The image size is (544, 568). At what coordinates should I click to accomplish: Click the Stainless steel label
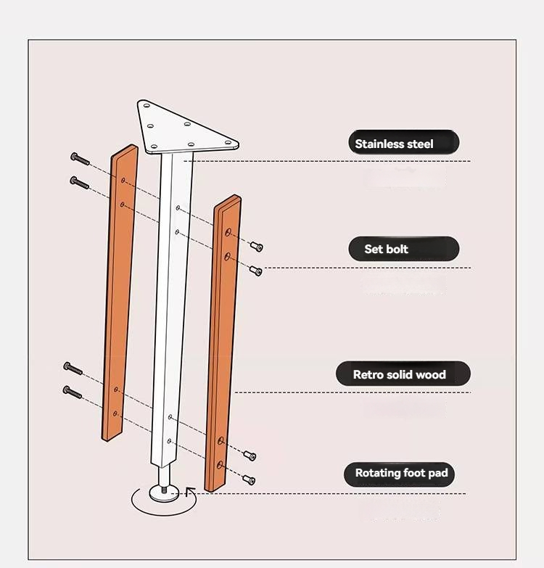pos(404,142)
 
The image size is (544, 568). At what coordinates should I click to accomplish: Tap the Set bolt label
pos(404,249)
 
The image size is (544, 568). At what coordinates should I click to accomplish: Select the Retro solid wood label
pos(403,374)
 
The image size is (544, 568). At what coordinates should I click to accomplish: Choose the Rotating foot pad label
pos(399,474)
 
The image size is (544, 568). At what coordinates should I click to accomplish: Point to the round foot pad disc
pos(164,494)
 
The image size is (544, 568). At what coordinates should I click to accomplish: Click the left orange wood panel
pos(120,292)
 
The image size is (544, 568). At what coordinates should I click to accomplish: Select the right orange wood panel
pos(223,343)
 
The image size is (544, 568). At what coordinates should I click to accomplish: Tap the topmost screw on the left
pos(80,159)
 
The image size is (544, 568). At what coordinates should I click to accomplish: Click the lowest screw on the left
pos(73,392)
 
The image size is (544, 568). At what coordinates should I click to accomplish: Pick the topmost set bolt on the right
pos(257,247)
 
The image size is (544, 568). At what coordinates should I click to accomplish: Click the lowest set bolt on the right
pos(250,479)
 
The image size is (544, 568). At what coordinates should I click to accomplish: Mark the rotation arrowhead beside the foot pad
pos(190,492)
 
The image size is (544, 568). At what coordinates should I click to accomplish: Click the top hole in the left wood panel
pos(123,180)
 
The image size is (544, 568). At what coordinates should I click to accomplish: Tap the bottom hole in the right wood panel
pos(220,465)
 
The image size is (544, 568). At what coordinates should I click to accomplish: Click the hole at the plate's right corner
pos(228,142)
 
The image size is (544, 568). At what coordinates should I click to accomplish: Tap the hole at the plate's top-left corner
pos(147,106)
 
